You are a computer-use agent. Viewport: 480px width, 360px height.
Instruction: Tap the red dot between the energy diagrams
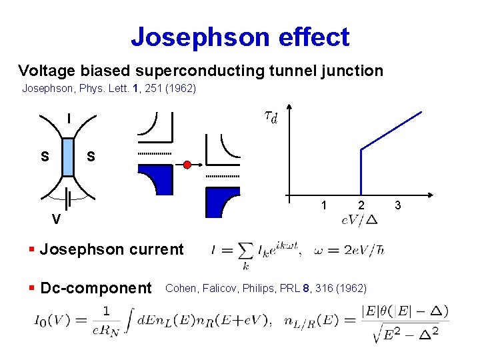pos(187,164)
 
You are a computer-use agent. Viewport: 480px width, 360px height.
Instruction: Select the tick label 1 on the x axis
pos(323,205)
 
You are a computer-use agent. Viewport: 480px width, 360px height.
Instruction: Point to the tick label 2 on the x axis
pos(361,205)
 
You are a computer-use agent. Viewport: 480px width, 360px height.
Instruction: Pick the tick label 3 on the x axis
pos(399,205)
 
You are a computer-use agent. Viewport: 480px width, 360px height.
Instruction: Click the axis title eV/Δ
pos(359,219)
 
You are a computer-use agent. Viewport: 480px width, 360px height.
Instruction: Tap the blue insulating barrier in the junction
pos(68,157)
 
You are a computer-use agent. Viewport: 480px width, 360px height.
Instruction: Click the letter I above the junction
pos(68,119)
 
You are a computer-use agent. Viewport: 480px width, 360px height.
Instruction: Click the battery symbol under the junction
pos(68,198)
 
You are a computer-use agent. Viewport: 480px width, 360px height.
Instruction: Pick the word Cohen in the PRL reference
pos(179,288)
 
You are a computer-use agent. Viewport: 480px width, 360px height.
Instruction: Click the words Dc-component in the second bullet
pos(96,288)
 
